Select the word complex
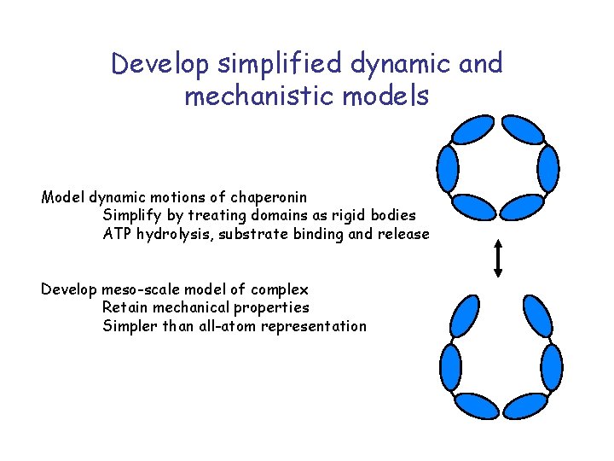click(281, 289)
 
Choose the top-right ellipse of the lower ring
click(538, 317)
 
